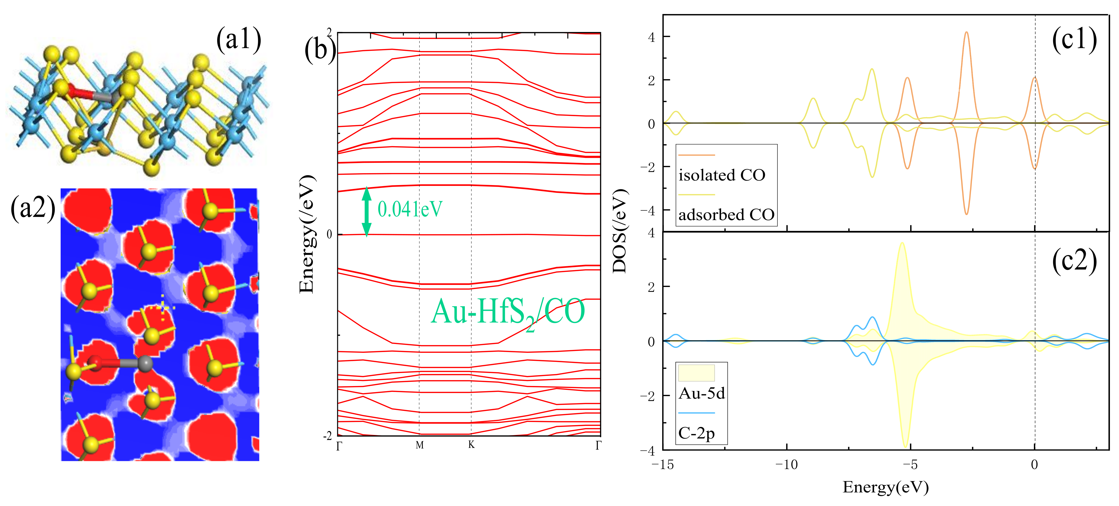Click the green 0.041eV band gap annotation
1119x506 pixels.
point(410,209)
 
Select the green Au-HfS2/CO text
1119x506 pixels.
point(507,312)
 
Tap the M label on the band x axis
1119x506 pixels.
point(419,445)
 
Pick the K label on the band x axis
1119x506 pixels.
point(471,445)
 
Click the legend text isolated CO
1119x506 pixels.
point(722,175)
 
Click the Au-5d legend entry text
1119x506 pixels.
point(702,393)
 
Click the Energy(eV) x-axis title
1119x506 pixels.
point(885,487)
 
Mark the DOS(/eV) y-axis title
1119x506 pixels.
point(620,231)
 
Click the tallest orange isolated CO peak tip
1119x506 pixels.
point(966,33)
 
